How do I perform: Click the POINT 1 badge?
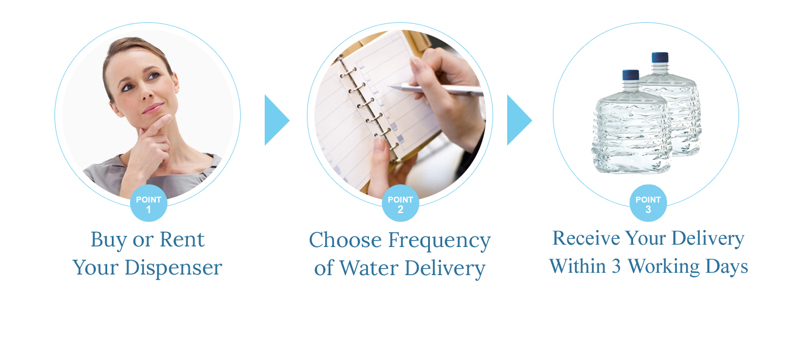pyautogui.click(x=148, y=204)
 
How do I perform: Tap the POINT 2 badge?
pyautogui.click(x=401, y=204)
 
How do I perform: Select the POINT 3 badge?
pyautogui.click(x=648, y=204)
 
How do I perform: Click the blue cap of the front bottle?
pyautogui.click(x=631, y=75)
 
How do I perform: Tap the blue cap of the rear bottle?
pyautogui.click(x=660, y=57)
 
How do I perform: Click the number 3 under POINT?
pyautogui.click(x=648, y=210)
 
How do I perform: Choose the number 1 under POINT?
pyautogui.click(x=148, y=210)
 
